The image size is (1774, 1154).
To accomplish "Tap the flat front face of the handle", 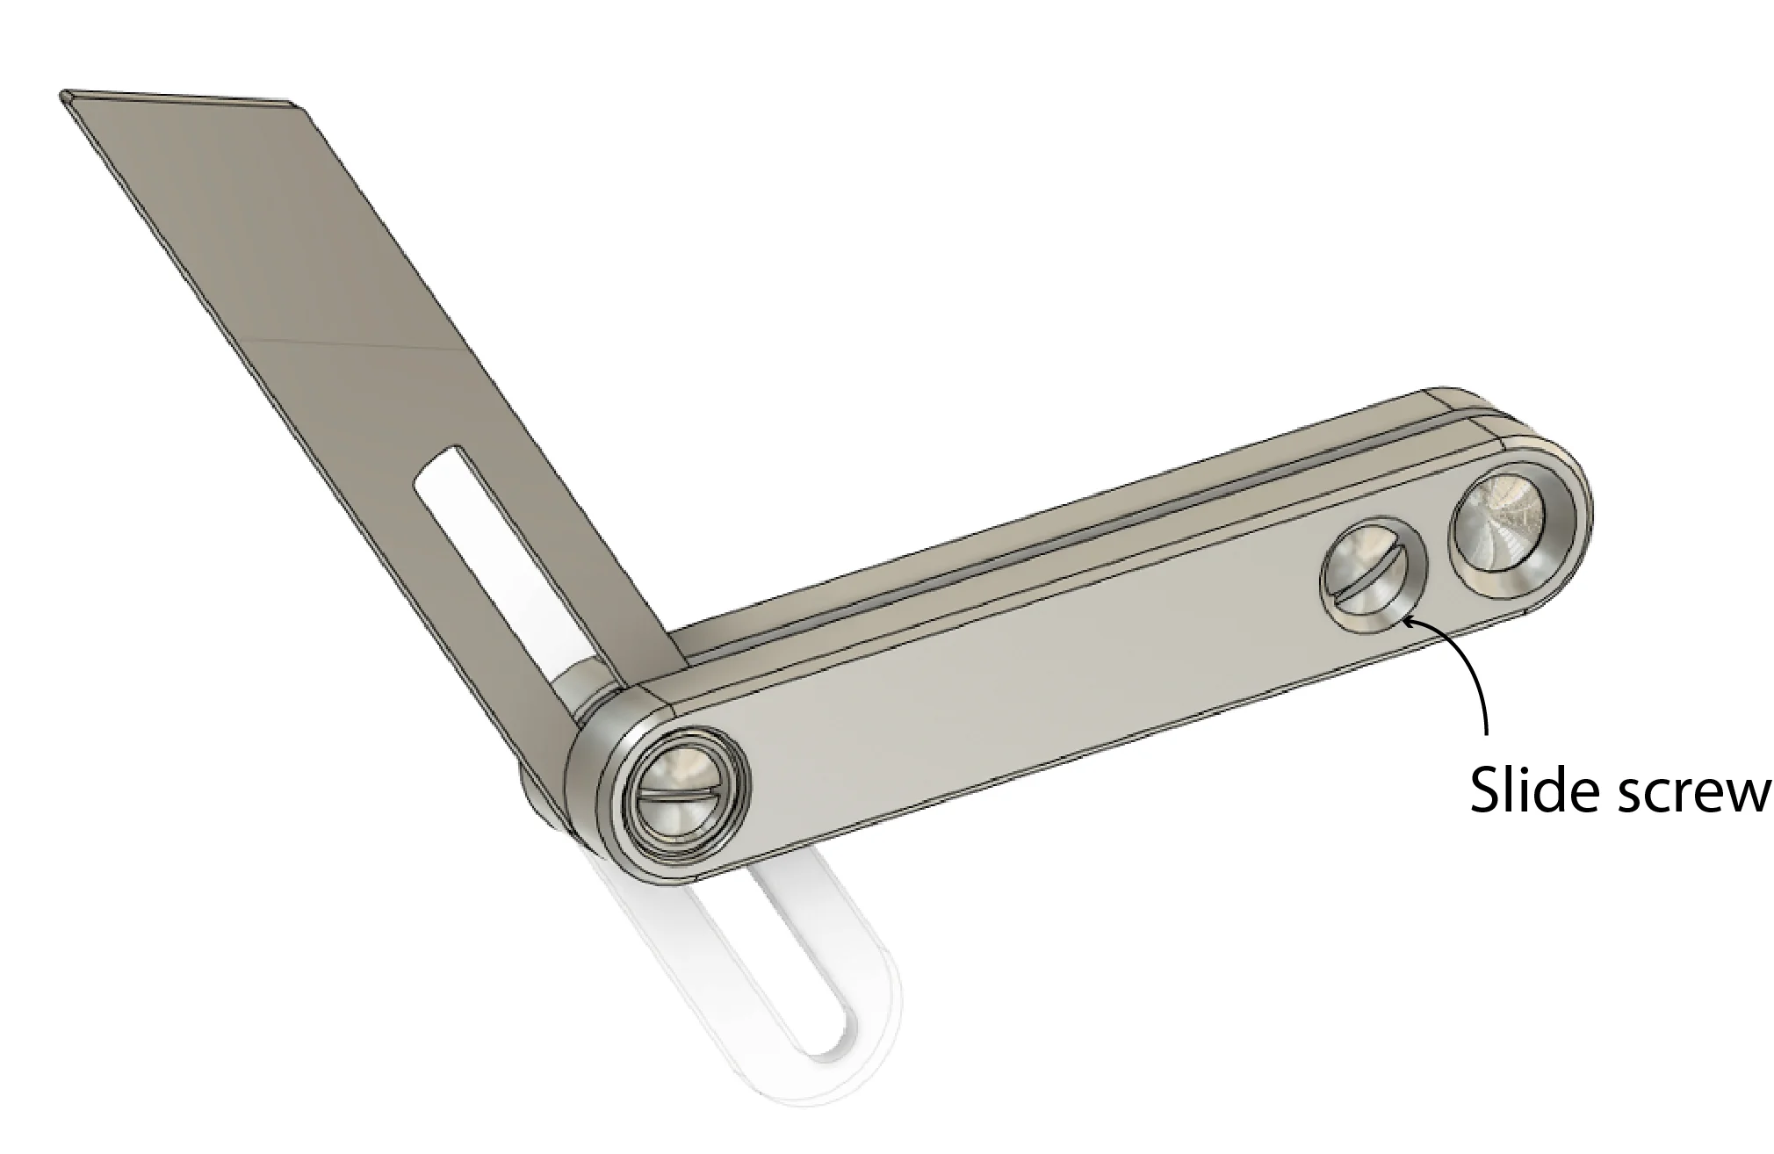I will [1010, 694].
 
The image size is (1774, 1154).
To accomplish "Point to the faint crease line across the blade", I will [351, 343].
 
